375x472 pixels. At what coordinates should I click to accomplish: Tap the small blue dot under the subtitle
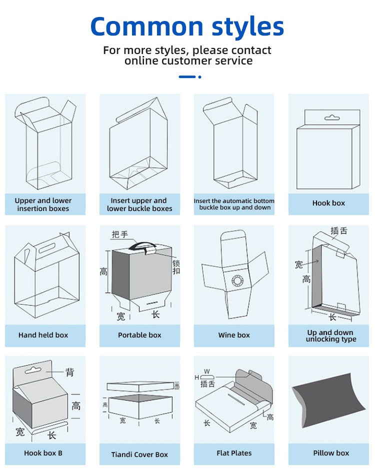click(x=199, y=77)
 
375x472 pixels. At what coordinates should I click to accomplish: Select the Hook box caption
click(x=328, y=203)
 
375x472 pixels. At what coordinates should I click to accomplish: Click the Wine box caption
click(x=234, y=335)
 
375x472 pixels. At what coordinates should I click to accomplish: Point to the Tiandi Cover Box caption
click(x=139, y=454)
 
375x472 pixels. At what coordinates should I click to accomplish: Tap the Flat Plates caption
click(x=234, y=453)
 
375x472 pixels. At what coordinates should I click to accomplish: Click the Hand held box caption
click(x=43, y=335)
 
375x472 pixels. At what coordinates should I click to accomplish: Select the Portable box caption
click(x=139, y=335)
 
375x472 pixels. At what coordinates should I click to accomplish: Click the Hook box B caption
click(x=43, y=453)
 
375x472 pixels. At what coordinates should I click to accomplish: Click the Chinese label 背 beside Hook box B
click(x=70, y=372)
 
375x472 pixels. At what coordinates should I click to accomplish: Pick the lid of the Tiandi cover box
click(x=139, y=386)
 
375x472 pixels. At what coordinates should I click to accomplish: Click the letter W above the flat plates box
click(x=206, y=371)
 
